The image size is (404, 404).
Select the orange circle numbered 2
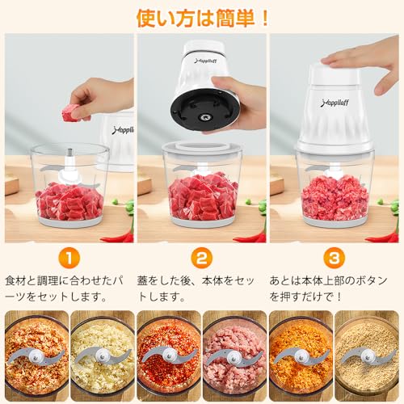click(201, 259)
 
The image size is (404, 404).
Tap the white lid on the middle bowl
click(202, 150)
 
